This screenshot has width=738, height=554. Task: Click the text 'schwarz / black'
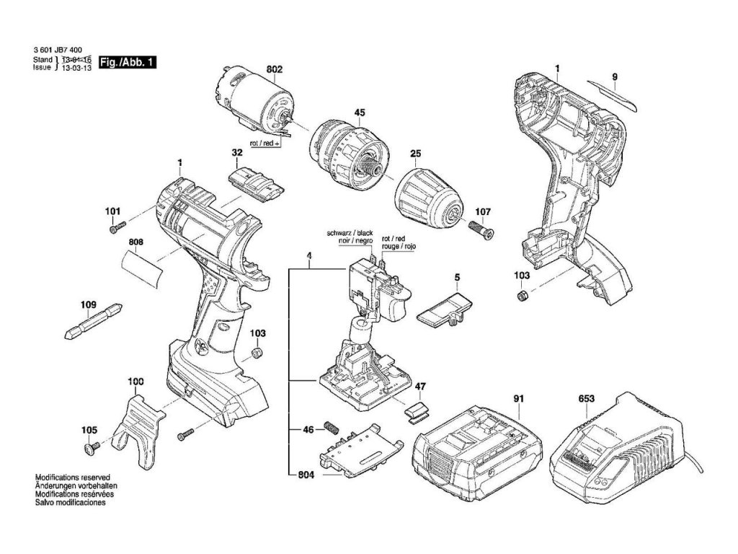click(x=350, y=235)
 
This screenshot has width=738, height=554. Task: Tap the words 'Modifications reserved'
click(x=71, y=478)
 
